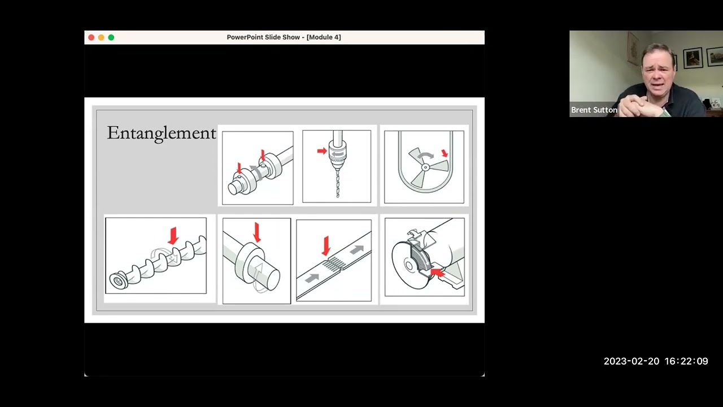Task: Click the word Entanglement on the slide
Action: [x=162, y=133]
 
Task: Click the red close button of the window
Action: [x=92, y=37]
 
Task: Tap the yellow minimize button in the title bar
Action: [x=101, y=37]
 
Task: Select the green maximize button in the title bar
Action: [x=111, y=37]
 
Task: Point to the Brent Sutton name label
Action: [x=594, y=110]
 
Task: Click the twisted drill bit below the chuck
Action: [x=337, y=181]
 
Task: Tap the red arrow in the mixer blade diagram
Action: [x=445, y=153]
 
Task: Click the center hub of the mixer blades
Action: [x=425, y=167]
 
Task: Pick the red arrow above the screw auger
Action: [x=173, y=235]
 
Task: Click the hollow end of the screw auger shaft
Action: [x=118, y=280]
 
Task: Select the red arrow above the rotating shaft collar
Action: [x=257, y=232]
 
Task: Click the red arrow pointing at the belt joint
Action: [x=326, y=245]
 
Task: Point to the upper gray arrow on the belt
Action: [x=356, y=249]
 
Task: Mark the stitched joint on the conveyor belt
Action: [x=336, y=262]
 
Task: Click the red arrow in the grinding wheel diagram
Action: [x=438, y=274]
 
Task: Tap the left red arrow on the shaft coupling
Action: [x=239, y=168]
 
